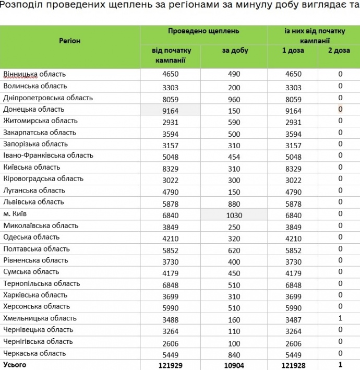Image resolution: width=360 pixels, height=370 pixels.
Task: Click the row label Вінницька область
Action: click(34, 74)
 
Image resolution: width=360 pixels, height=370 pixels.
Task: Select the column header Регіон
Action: click(69, 40)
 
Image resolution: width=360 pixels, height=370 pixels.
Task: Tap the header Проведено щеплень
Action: click(203, 31)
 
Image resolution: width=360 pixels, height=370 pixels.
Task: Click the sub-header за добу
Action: click(234, 51)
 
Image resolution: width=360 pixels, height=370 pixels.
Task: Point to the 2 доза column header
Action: click(339, 51)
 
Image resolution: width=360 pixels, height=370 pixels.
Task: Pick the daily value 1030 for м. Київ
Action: click(234, 214)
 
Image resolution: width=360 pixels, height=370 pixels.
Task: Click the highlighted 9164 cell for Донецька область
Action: click(171, 110)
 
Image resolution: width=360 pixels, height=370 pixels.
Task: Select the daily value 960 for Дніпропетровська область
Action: click(234, 98)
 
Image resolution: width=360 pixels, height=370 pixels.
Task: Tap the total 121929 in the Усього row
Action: click(171, 365)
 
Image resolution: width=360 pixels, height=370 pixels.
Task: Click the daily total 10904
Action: click(234, 365)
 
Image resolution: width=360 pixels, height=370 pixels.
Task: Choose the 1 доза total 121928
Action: click(293, 365)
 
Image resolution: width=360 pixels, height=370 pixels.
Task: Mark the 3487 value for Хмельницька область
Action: click(293, 318)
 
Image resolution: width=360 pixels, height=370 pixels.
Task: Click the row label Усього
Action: click(15, 365)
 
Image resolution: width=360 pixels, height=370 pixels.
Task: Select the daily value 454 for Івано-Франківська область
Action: click(234, 156)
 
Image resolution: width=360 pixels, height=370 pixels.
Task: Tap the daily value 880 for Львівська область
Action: click(234, 202)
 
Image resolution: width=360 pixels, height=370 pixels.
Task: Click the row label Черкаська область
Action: click(34, 353)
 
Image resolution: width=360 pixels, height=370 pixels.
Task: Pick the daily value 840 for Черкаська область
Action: click(234, 353)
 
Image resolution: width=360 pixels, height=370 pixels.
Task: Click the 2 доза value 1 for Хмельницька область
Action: click(340, 318)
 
